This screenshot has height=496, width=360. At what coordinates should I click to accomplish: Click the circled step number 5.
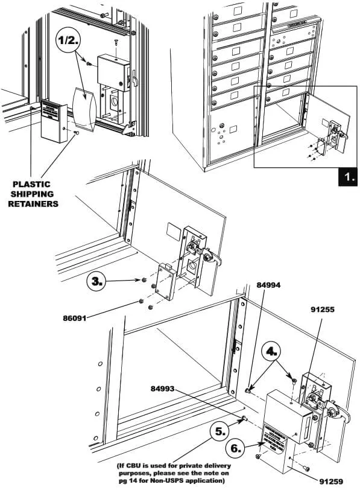(x=222, y=431)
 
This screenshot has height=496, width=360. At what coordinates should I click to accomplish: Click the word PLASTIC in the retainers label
(x=31, y=183)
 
